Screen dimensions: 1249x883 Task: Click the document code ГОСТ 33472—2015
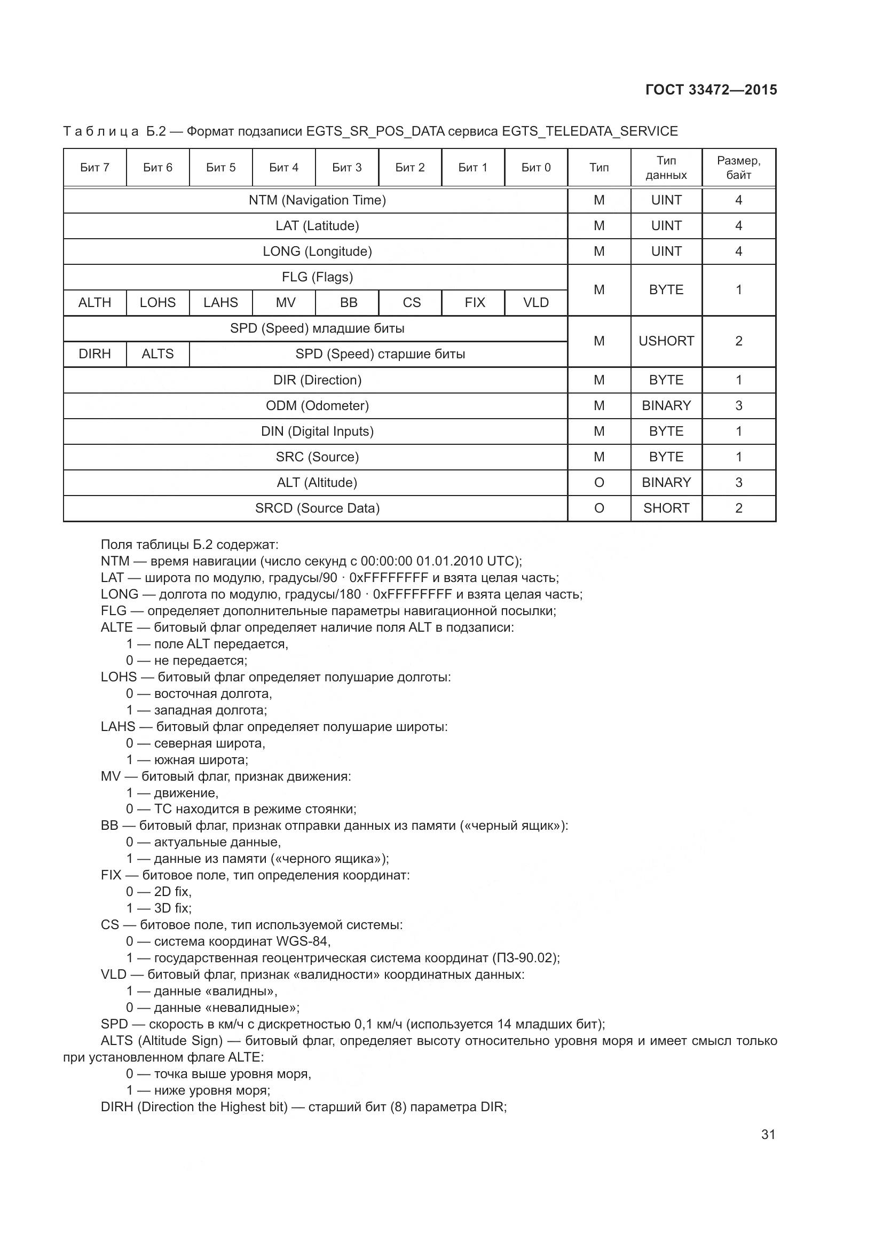[711, 90]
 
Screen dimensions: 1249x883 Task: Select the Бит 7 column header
[94, 168]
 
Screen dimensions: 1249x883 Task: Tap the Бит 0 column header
[535, 168]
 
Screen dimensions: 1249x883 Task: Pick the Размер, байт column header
[738, 168]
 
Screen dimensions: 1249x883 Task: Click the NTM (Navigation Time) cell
[317, 200]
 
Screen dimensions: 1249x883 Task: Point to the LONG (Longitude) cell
[317, 252]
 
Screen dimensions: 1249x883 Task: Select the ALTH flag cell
[94, 302]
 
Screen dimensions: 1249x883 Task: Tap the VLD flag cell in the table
[535, 302]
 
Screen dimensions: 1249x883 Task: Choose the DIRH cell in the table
[94, 354]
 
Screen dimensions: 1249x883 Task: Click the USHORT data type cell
[666, 341]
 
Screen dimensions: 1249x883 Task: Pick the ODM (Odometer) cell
[317, 406]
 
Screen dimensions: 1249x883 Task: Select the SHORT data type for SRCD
[666, 508]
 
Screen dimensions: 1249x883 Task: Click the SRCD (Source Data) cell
[317, 508]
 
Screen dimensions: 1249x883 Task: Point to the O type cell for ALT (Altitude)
[599, 483]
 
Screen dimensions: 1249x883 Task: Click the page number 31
[768, 1134]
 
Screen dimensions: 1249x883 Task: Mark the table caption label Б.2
[155, 132]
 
